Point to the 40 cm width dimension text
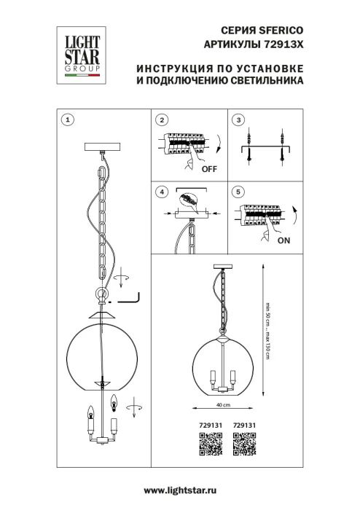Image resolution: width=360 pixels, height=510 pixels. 222,404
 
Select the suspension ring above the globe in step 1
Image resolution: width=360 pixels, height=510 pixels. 100,295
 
